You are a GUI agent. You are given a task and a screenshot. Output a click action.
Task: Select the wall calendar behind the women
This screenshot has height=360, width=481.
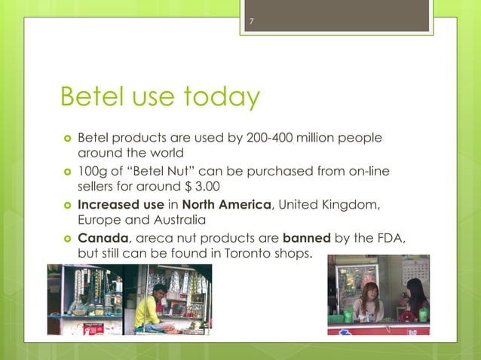click(416, 273)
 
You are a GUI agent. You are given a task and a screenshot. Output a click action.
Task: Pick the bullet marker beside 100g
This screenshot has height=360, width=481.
click(67, 171)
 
